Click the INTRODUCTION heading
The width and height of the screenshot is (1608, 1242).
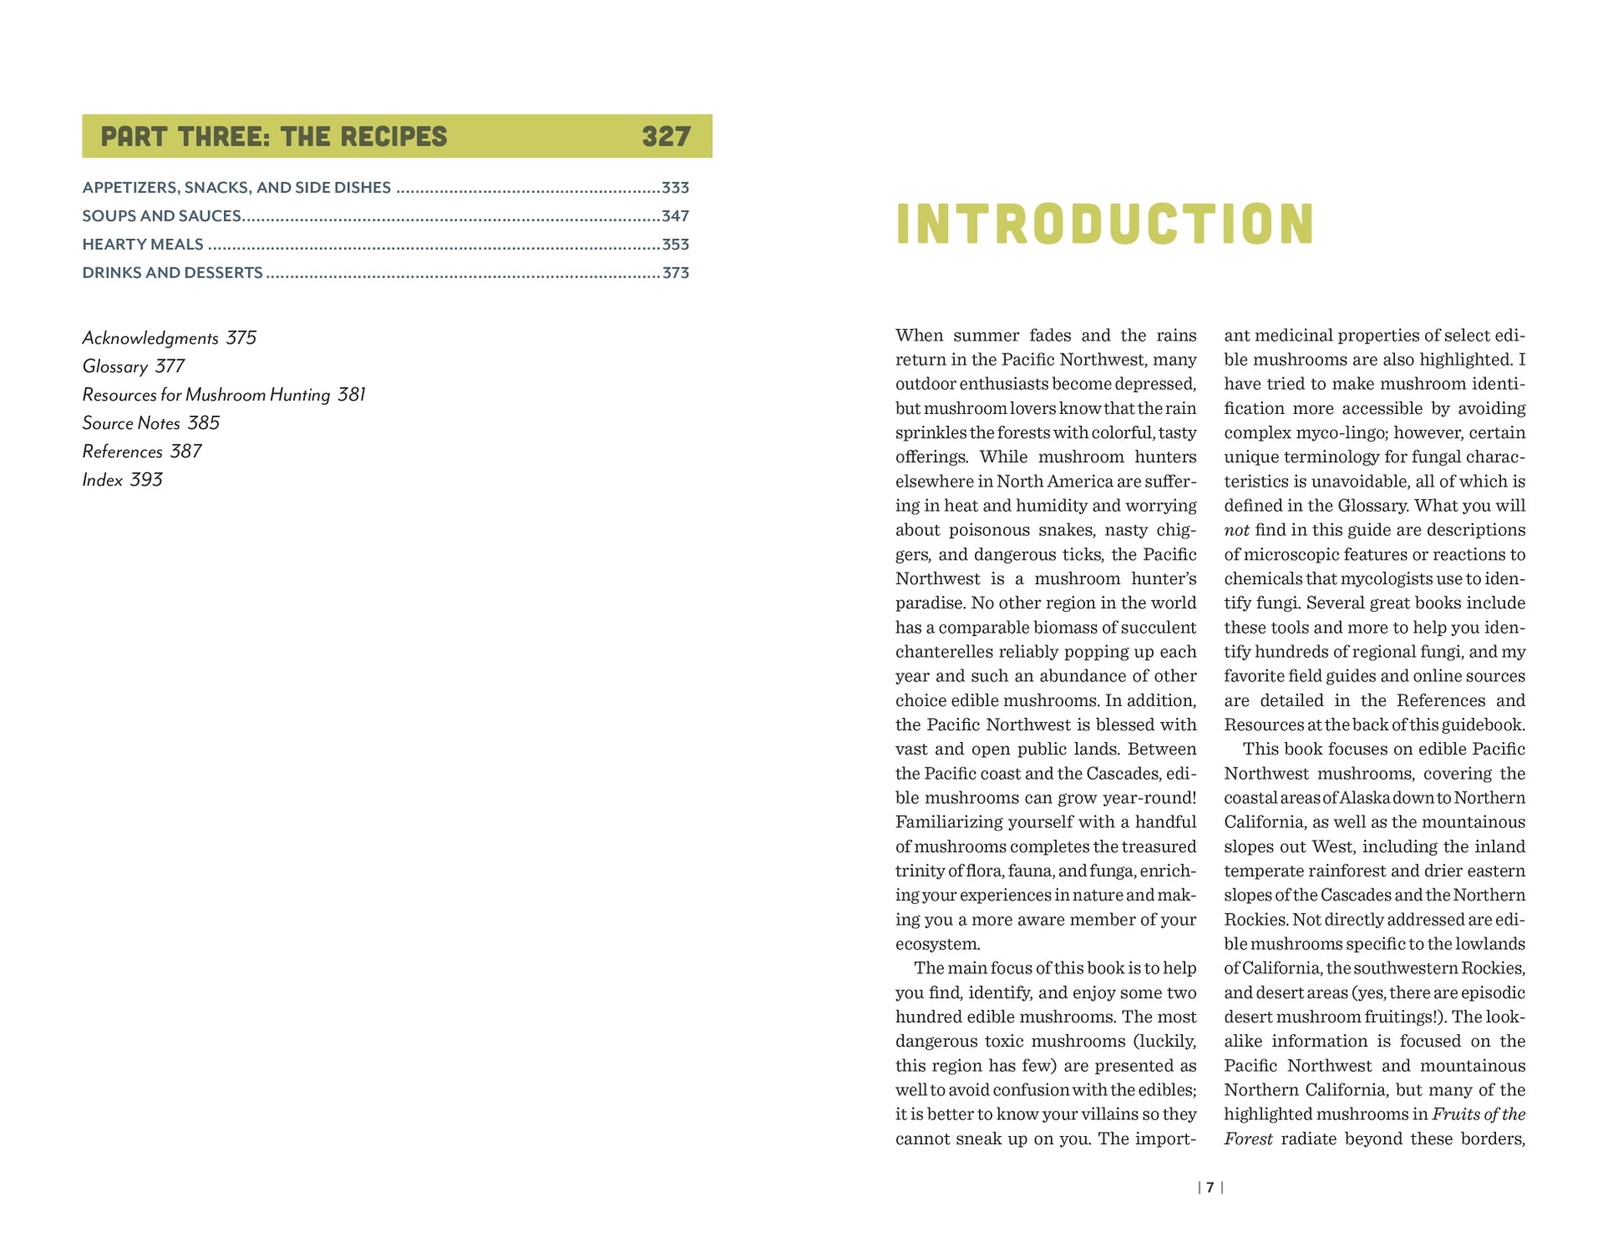(x=1104, y=224)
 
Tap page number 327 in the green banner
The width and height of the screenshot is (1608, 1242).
(x=665, y=136)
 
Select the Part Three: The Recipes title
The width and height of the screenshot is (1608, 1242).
(x=274, y=136)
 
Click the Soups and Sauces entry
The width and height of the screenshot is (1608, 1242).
(x=162, y=216)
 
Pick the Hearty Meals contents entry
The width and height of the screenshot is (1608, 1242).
(x=143, y=245)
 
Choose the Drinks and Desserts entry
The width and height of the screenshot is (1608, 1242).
(x=173, y=273)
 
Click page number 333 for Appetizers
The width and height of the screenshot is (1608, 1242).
(x=675, y=188)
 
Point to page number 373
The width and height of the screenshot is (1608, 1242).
(x=675, y=273)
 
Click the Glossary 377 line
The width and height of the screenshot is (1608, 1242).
(x=133, y=367)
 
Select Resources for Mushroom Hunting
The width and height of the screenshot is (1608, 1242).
(x=223, y=395)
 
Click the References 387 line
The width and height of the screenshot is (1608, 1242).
(x=141, y=452)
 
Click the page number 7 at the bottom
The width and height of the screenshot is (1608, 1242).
(x=1210, y=1187)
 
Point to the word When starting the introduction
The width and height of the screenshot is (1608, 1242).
(x=918, y=336)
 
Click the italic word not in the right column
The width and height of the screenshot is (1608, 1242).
(x=1236, y=530)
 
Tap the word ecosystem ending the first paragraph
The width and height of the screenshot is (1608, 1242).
(x=937, y=944)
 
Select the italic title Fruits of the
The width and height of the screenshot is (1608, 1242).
(x=1478, y=1115)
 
